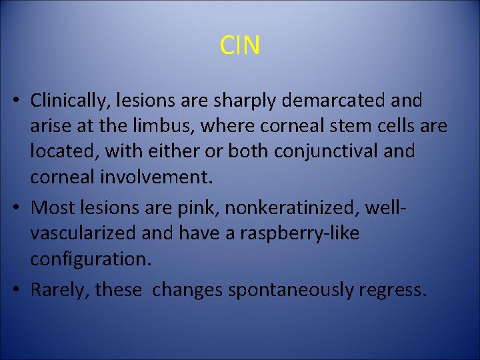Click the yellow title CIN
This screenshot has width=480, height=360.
pos(240,45)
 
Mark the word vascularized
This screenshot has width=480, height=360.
pos(83,233)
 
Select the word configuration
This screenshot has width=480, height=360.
pos(91,258)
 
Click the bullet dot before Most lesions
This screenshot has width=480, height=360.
pos(22,208)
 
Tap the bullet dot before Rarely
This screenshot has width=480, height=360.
pos(22,289)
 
